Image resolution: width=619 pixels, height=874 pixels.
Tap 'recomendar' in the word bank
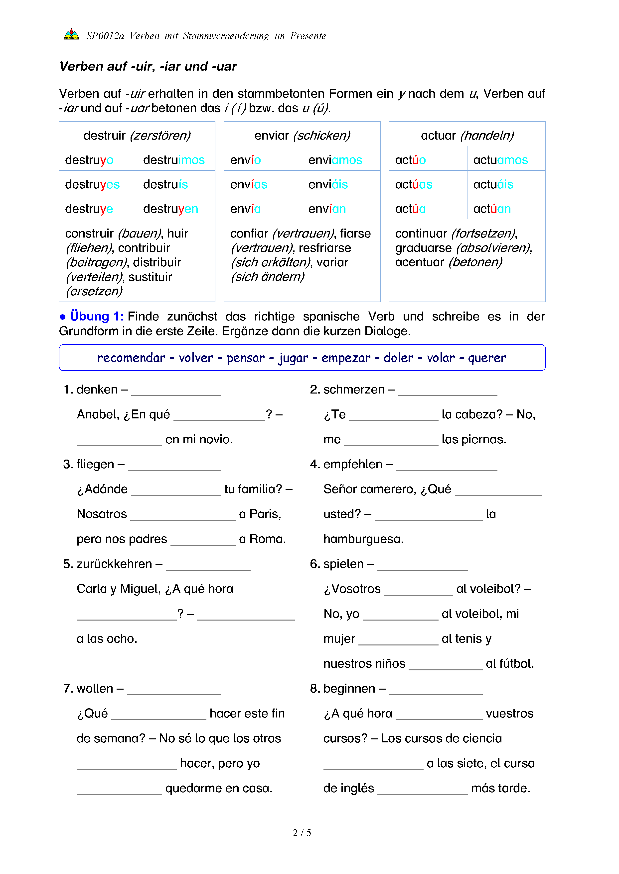pyautogui.click(x=131, y=358)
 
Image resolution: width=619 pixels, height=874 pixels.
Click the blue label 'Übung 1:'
pyautogui.click(x=96, y=316)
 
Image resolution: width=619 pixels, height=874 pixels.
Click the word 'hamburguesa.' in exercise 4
pyautogui.click(x=363, y=539)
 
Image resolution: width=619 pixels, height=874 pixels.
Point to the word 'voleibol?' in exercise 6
pyautogui.click(x=488, y=589)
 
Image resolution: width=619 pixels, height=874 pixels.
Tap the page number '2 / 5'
pyautogui.click(x=302, y=833)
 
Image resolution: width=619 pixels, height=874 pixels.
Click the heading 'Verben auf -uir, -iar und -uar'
pyautogui.click(x=148, y=66)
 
